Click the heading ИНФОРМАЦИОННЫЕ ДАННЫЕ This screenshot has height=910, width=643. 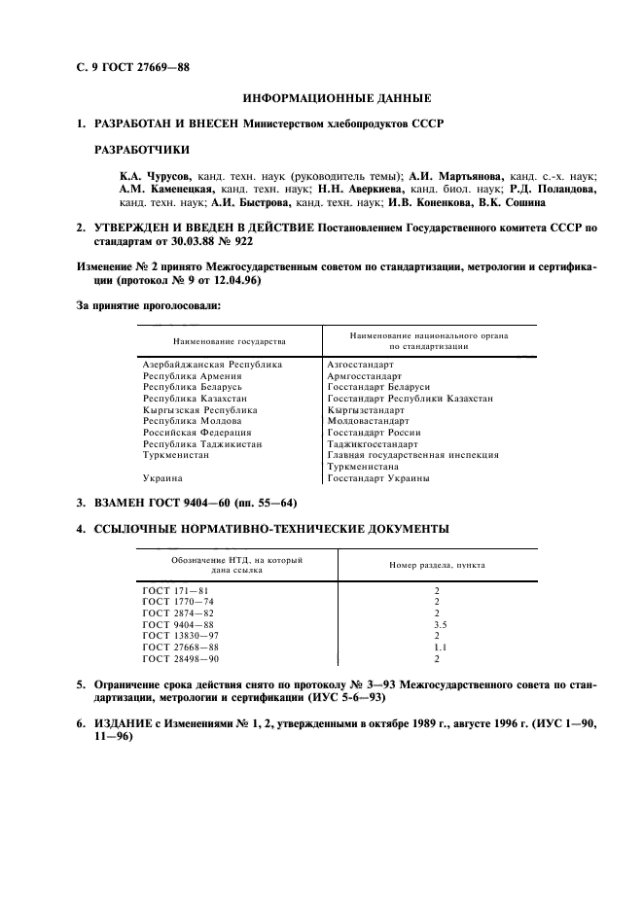tap(336, 98)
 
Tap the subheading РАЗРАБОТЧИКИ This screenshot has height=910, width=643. tap(141, 150)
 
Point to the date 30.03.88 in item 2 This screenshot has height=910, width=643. tap(181, 240)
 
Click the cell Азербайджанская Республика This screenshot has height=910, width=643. tap(212, 364)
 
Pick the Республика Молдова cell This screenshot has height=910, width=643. tap(190, 421)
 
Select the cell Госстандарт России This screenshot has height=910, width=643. tap(374, 433)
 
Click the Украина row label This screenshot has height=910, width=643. tap(161, 478)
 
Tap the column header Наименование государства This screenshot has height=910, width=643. tap(230, 342)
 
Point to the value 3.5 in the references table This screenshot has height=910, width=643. tap(438, 625)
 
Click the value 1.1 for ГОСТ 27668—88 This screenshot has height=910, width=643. tap(438, 647)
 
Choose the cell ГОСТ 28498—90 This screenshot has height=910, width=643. tap(181, 659)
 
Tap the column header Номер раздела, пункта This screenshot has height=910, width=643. tap(438, 564)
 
